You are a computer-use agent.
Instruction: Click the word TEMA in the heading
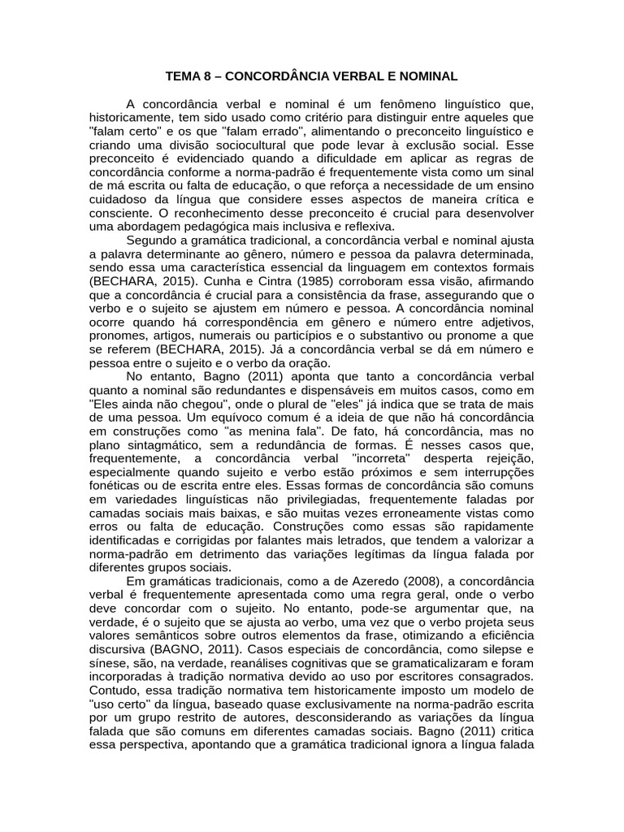point(183,77)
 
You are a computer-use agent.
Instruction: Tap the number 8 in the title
point(208,77)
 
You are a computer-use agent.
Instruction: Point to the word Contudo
point(111,691)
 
